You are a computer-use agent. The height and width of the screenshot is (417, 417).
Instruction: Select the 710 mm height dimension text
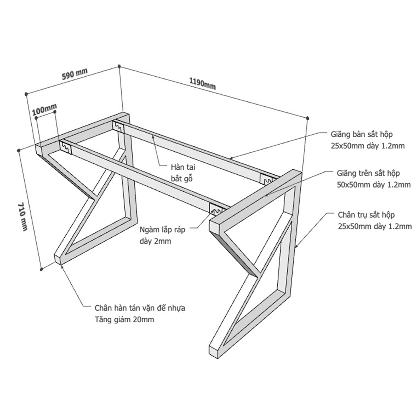[x=23, y=217]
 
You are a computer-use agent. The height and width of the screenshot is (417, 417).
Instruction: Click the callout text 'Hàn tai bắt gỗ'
[x=183, y=173]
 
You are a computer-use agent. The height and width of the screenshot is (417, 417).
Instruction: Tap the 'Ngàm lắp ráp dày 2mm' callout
[x=162, y=235]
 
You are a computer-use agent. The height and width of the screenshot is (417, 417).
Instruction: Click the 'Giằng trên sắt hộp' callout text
[x=368, y=173]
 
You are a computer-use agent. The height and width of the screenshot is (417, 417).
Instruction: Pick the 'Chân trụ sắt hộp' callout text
[x=366, y=215]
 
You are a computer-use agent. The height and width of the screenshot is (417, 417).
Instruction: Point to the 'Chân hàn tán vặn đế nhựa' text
[x=140, y=308]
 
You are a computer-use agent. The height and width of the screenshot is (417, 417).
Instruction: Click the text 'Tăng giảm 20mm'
[x=124, y=319]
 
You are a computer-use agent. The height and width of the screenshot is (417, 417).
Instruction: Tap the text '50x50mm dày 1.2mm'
[x=374, y=185]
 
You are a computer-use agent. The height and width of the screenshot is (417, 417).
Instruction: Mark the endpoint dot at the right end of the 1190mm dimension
[x=308, y=118]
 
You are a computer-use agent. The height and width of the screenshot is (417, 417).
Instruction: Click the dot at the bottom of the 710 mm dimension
[x=41, y=269]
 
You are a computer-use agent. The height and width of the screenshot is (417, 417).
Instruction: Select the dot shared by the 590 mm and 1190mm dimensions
[x=119, y=66]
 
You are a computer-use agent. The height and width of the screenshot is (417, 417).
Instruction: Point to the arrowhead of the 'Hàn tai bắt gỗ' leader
[x=153, y=136]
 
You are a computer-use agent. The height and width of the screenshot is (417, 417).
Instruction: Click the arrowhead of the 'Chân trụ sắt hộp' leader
[x=296, y=247]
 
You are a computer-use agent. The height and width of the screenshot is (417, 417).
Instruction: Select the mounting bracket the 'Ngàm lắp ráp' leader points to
[x=216, y=209]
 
